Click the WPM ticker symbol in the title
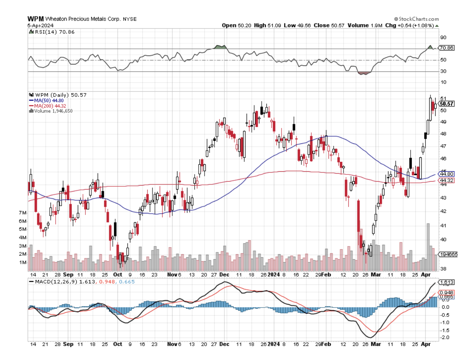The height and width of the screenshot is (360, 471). pos(35,19)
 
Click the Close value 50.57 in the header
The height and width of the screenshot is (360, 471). pos(331,25)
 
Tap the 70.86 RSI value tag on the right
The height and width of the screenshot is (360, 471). pos(446,48)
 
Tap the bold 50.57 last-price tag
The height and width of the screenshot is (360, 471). pos(447,104)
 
